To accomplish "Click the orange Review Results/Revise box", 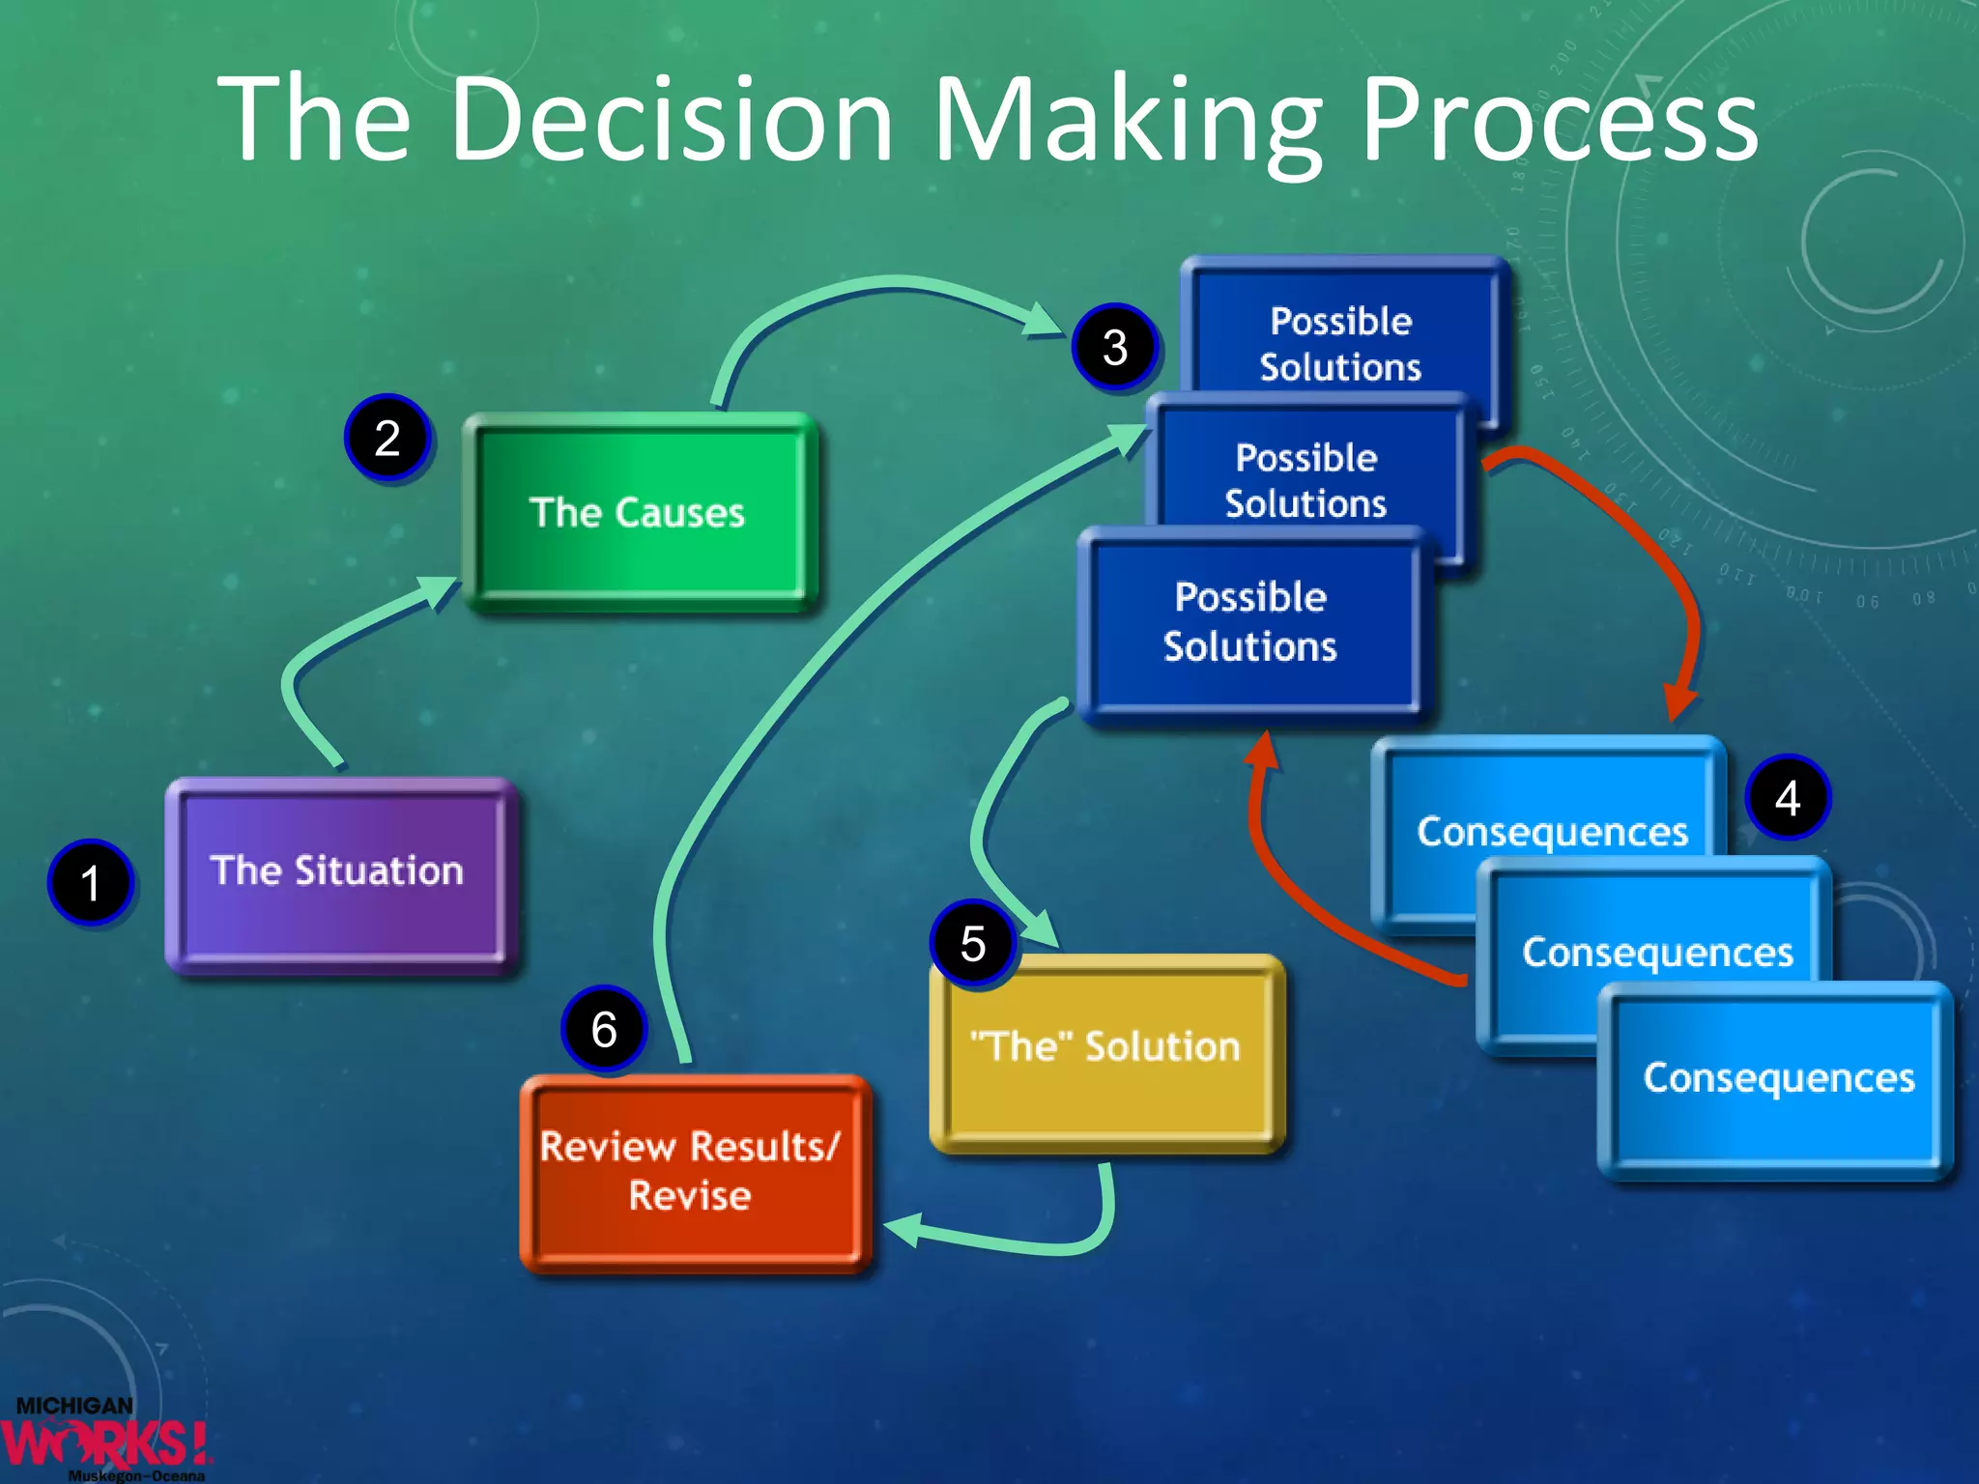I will point(692,1171).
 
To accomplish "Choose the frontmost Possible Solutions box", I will point(1250,623).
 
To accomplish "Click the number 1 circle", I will point(91,883).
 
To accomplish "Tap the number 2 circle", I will point(387,439).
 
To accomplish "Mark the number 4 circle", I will point(1787,798).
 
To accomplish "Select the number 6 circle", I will point(604,1029).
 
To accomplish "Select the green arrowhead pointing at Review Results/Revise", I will point(904,1230).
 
